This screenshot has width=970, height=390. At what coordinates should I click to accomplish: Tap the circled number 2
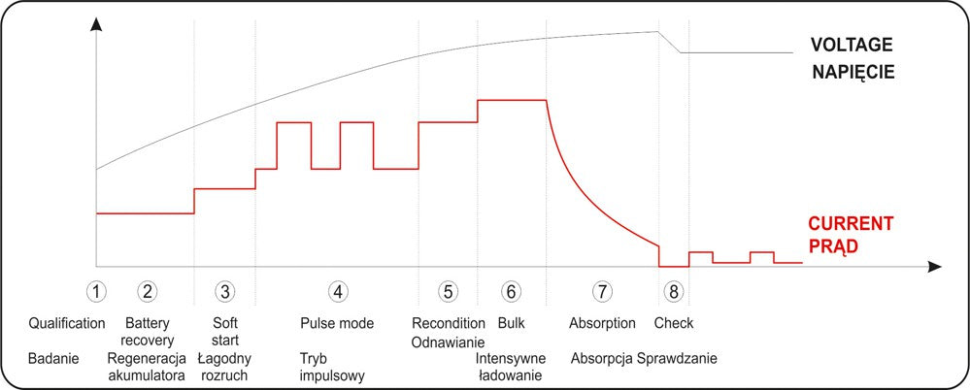coord(148,290)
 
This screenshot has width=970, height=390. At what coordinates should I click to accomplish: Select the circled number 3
coord(225,290)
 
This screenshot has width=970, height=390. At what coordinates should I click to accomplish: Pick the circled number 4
coord(337,290)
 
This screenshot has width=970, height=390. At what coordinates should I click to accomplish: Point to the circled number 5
coord(448,290)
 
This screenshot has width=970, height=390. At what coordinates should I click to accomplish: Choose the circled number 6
coord(512,290)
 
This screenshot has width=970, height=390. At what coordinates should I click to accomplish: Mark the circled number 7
coord(603,290)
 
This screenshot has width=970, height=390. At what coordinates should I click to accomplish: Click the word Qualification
coord(66,323)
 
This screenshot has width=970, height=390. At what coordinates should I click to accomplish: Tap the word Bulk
coord(511,323)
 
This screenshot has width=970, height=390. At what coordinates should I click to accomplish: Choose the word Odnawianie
coord(448,341)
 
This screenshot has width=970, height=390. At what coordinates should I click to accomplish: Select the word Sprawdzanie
coord(677,358)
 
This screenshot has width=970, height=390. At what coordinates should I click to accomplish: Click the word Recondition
coord(449,323)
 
